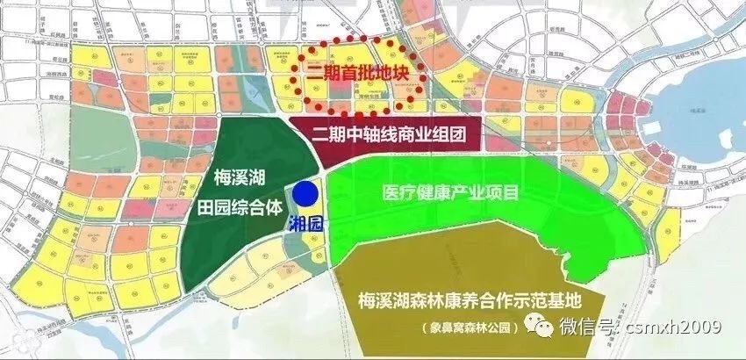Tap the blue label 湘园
(x=306, y=223)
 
